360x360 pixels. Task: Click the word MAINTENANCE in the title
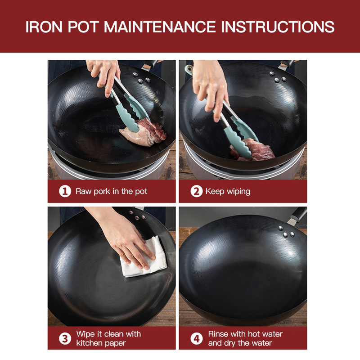tap(160, 27)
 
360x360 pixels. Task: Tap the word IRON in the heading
tap(44, 27)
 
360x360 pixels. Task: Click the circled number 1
tap(65, 191)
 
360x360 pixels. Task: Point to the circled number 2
tap(197, 191)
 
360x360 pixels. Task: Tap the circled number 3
tap(65, 338)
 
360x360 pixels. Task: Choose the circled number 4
tap(197, 338)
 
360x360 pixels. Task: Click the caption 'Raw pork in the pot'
tap(111, 192)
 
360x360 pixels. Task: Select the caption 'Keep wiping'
tap(228, 192)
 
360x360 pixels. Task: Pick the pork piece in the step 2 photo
tap(252, 150)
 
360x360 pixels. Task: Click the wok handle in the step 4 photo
tap(297, 216)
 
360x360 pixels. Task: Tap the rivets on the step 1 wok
tap(141, 78)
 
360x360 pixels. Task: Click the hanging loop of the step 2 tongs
tap(189, 70)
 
